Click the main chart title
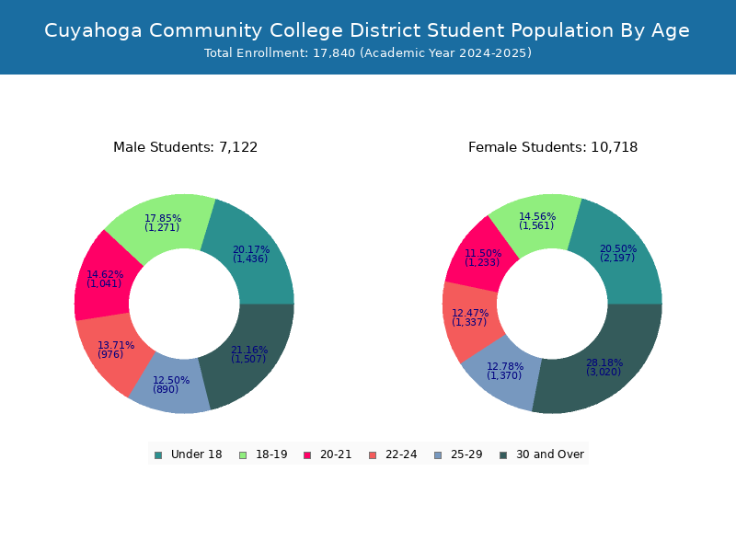[x=367, y=30]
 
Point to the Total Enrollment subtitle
[x=368, y=53]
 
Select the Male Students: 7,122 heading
[x=186, y=147]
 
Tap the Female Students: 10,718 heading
[x=553, y=147]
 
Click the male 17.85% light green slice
[x=162, y=224]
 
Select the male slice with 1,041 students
[x=103, y=280]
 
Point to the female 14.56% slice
[x=537, y=221]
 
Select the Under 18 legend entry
[x=188, y=454]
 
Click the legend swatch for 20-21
[x=307, y=455]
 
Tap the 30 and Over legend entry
[x=542, y=454]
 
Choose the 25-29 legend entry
[x=458, y=454]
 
